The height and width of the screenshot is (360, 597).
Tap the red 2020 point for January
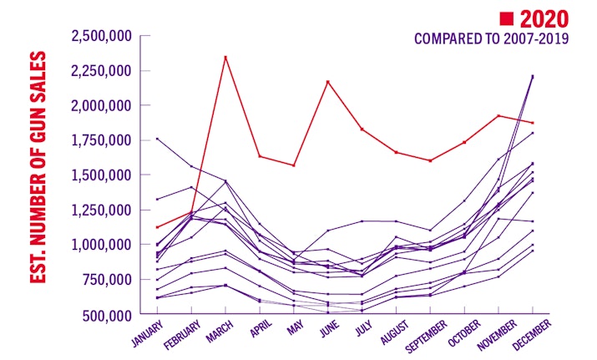click(157, 226)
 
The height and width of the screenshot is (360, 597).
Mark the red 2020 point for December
click(533, 123)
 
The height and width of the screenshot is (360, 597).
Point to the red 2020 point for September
click(430, 160)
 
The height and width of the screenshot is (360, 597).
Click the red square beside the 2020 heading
click(506, 18)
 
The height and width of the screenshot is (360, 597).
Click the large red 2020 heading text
click(544, 18)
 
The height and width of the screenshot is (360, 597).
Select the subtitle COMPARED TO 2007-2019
click(492, 40)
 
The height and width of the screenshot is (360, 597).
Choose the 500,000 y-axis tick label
click(106, 315)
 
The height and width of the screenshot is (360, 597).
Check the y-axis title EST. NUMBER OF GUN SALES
click(38, 168)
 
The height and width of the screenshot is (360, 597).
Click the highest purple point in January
click(157, 138)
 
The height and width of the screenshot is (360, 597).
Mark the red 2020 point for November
click(498, 115)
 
